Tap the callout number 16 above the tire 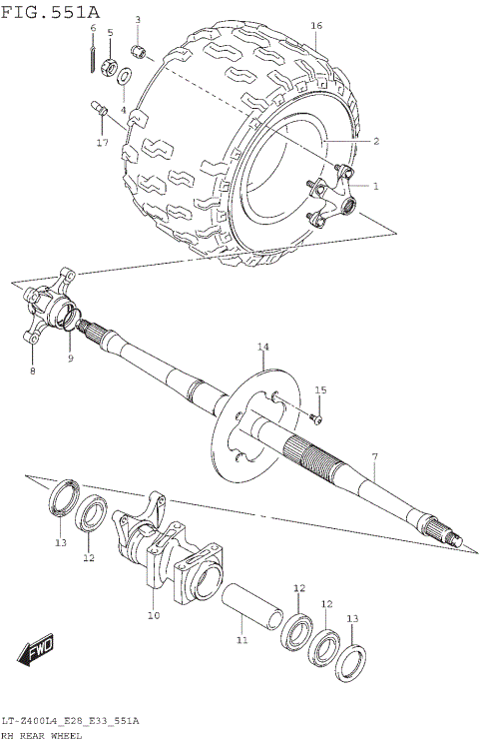[316, 25]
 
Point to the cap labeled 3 [142, 50]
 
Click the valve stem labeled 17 [101, 109]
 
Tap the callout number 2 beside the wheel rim [376, 142]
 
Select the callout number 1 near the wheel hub [376, 186]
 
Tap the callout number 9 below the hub [70, 359]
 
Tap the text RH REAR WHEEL [42, 735]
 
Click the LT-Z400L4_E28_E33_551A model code [70, 720]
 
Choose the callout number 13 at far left [60, 542]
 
